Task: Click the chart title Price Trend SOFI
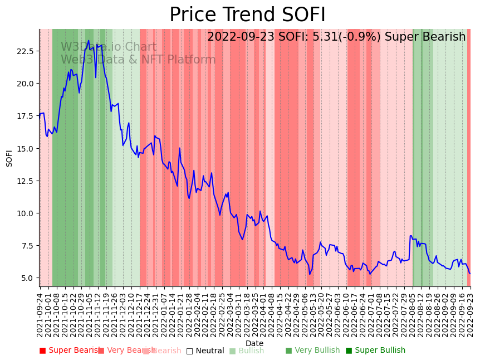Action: pyautogui.click(x=247, y=15)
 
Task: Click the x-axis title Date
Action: pyautogui.click(x=254, y=343)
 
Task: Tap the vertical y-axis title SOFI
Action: pyautogui.click(x=9, y=158)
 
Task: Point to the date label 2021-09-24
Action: pyautogui.click(x=40, y=315)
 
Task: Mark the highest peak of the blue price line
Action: pyautogui.click(x=89, y=40)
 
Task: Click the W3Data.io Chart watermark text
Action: pyautogui.click(x=109, y=47)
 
